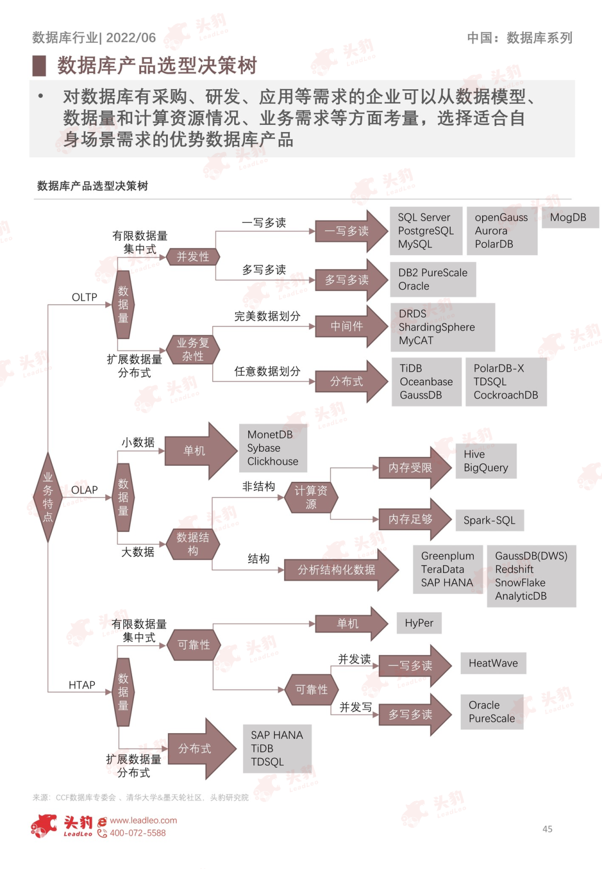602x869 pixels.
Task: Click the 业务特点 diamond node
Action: point(48,497)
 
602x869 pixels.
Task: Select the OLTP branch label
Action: point(84,297)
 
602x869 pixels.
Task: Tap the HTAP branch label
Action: point(82,685)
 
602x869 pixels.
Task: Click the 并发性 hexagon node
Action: point(193,257)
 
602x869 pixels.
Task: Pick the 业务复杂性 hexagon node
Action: point(193,350)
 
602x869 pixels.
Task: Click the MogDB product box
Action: point(568,218)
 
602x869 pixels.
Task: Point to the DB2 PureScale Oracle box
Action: point(433,280)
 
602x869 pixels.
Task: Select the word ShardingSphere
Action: point(436,328)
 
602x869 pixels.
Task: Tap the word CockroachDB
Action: point(506,396)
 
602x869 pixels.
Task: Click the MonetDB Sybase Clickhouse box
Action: point(273,448)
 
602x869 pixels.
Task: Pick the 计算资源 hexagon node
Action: point(311,497)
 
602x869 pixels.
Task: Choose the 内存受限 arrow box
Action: point(411,468)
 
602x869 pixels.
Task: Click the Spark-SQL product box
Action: point(489,520)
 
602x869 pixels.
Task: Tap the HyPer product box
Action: point(419,623)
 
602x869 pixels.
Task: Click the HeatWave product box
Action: point(493,663)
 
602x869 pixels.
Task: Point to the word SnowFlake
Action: point(520,583)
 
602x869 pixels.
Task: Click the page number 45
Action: point(547,829)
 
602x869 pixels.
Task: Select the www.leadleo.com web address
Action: point(143,821)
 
